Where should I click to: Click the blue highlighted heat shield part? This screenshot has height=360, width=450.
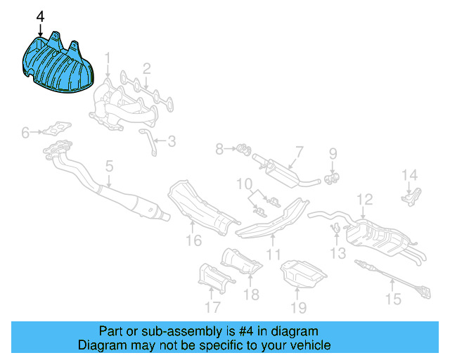point(60,67)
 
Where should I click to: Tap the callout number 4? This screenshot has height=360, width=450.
point(40,16)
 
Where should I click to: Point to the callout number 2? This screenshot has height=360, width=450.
point(147,68)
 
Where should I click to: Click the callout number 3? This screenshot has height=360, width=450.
point(171,141)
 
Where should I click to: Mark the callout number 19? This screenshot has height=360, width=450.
point(299,307)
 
